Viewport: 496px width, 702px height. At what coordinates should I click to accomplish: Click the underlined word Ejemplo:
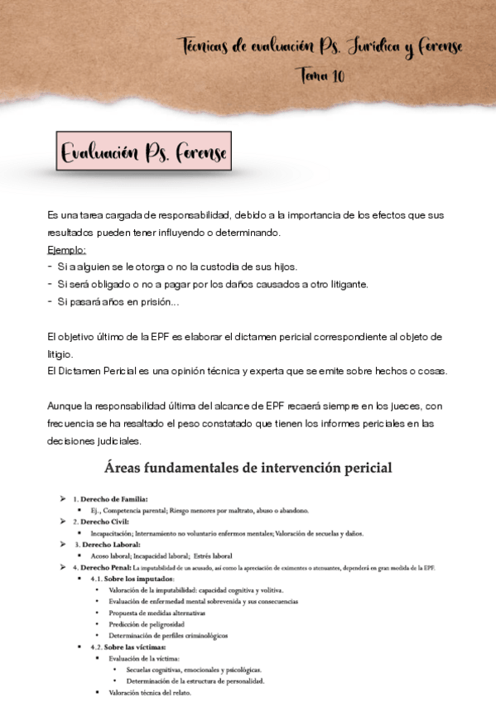pyautogui.click(x=66, y=249)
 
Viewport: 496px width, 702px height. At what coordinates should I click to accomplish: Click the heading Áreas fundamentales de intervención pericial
pyautogui.click(x=248, y=469)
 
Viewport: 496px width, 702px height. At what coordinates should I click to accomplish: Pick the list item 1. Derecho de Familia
pyautogui.click(x=110, y=499)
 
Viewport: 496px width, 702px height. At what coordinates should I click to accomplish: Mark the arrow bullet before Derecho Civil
pyautogui.click(x=62, y=522)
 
